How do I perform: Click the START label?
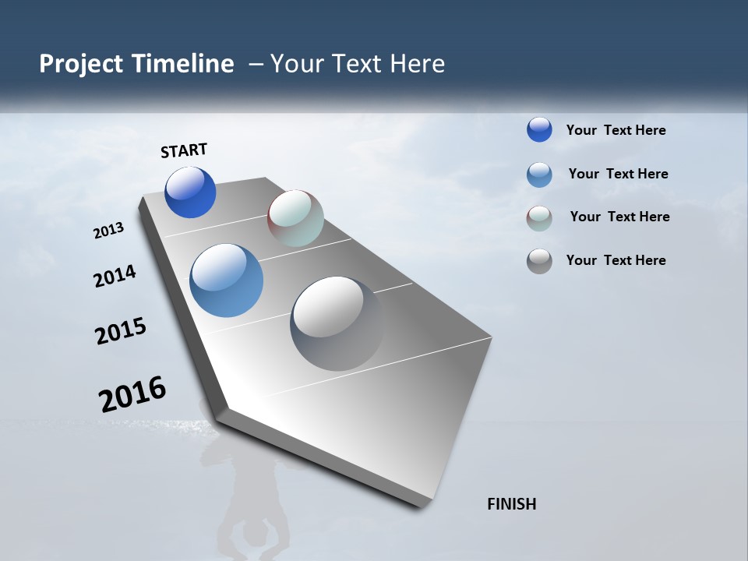pyautogui.click(x=184, y=150)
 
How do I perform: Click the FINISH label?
pyautogui.click(x=511, y=504)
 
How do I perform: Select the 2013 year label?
pyautogui.click(x=109, y=231)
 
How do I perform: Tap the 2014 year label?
pyautogui.click(x=115, y=277)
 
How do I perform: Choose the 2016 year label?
pyautogui.click(x=132, y=394)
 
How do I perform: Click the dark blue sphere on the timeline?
pyautogui.click(x=190, y=192)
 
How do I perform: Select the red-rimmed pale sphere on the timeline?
pyautogui.click(x=295, y=218)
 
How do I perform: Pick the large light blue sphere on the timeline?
pyautogui.click(x=226, y=280)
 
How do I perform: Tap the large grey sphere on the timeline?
pyautogui.click(x=337, y=323)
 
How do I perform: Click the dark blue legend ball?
pyautogui.click(x=539, y=129)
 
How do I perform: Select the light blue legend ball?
pyautogui.click(x=539, y=174)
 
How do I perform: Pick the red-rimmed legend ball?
pyautogui.click(x=539, y=217)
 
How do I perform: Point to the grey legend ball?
pyautogui.click(x=539, y=261)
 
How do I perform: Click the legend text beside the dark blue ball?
pyautogui.click(x=616, y=130)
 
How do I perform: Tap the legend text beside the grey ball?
pyautogui.click(x=616, y=260)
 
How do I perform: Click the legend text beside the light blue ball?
pyautogui.click(x=618, y=174)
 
